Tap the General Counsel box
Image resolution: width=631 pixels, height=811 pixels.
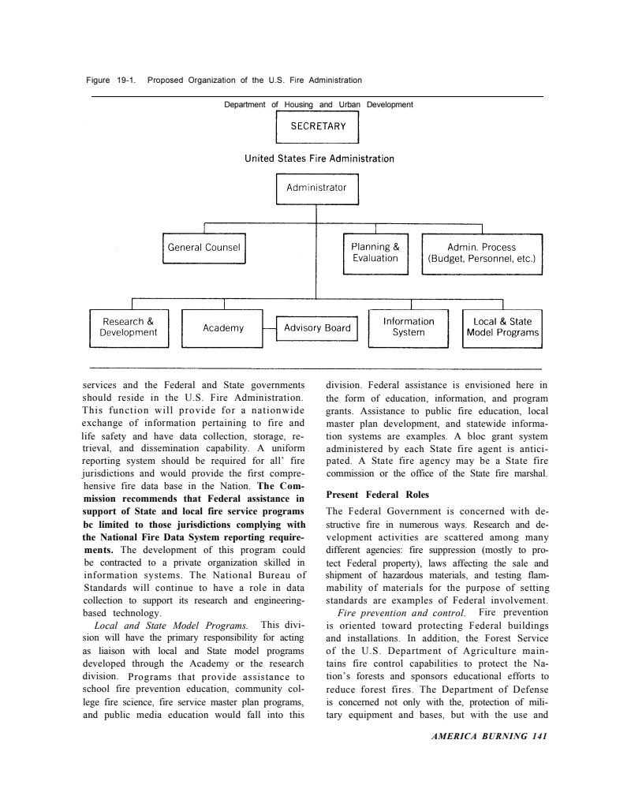tap(204, 248)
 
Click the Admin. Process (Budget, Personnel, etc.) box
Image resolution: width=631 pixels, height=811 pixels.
tap(481, 252)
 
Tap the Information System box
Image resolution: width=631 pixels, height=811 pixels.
tap(409, 327)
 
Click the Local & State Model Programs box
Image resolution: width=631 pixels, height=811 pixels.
tap(502, 327)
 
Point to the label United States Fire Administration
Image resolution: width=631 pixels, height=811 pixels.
tap(319, 159)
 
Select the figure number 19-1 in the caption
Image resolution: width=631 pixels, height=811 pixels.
tap(125, 80)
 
